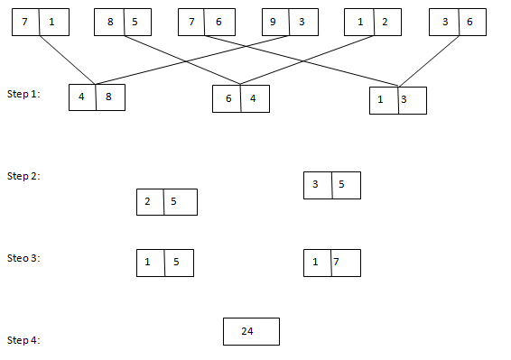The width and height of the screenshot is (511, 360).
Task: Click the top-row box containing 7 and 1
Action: (40, 22)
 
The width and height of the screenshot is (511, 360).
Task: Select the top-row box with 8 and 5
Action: (122, 22)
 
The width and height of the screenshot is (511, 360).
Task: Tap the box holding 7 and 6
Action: (206, 22)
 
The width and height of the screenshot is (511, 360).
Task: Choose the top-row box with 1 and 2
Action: (372, 22)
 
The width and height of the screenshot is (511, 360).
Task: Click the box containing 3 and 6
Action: (456, 22)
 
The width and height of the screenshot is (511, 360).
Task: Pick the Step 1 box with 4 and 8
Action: (97, 97)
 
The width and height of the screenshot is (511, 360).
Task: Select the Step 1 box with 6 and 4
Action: (241, 98)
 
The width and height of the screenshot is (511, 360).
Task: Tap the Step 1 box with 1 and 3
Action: (397, 100)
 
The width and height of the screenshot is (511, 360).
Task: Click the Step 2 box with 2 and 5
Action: (166, 201)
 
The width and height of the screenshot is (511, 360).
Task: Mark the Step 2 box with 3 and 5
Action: (332, 185)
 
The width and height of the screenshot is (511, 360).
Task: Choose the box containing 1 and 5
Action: (164, 263)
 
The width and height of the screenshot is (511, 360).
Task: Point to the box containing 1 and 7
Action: (332, 263)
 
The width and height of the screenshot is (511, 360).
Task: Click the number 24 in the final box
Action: (247, 331)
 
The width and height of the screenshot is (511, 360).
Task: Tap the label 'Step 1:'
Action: (23, 94)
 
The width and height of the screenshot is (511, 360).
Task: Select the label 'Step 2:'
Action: (23, 176)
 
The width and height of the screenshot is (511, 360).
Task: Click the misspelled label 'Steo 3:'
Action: (23, 258)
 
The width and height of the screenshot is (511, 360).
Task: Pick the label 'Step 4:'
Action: (23, 340)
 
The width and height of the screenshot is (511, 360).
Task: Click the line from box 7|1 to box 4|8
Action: (68, 60)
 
